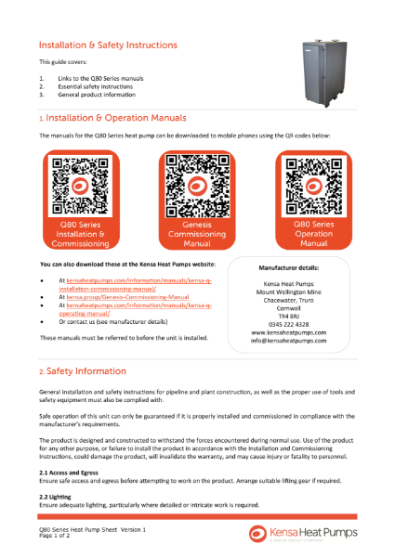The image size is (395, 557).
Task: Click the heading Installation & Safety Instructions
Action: click(x=107, y=44)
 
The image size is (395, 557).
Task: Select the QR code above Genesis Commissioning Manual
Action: click(x=196, y=184)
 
